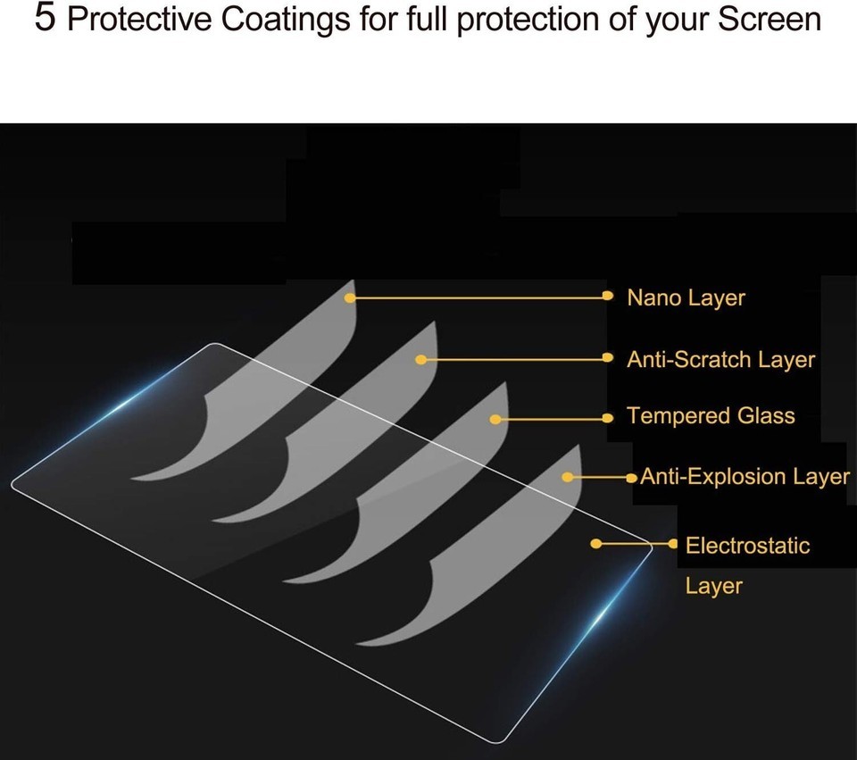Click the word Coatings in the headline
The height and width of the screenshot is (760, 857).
coord(286,19)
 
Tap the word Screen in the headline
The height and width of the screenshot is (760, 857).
coord(769,19)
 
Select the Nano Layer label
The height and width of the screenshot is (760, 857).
coord(686,298)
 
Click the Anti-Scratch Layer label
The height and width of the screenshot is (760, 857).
coord(721,360)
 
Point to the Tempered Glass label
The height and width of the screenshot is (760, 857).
coord(711,416)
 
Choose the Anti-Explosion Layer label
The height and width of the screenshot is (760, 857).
coord(745,477)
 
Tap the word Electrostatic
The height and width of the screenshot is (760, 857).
coord(748,546)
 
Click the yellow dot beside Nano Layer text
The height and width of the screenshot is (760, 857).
coord(607,296)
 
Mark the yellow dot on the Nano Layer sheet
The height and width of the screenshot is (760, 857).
coord(350,298)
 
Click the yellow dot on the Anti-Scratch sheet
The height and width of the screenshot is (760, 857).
coord(420,360)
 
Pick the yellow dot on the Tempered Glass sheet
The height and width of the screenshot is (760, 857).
coord(495,420)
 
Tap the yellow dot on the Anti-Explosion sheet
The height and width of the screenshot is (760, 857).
coord(568,477)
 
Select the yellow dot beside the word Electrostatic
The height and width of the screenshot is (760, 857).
coord(673,544)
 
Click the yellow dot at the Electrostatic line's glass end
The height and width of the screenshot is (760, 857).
coord(596,544)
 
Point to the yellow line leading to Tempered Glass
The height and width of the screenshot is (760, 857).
coord(552,419)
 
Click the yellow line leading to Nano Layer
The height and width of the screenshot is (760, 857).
coord(478,297)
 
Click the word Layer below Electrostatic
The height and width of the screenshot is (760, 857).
coord(714,587)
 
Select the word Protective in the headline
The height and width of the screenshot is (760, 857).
coord(139,19)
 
